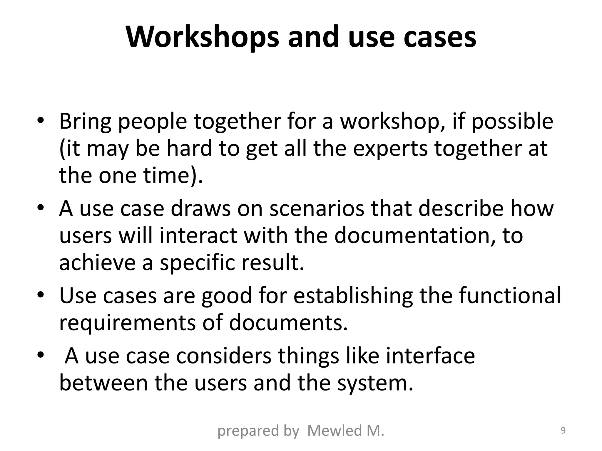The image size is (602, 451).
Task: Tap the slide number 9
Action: [x=563, y=430]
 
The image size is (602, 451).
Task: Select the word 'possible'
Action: [x=512, y=122]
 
